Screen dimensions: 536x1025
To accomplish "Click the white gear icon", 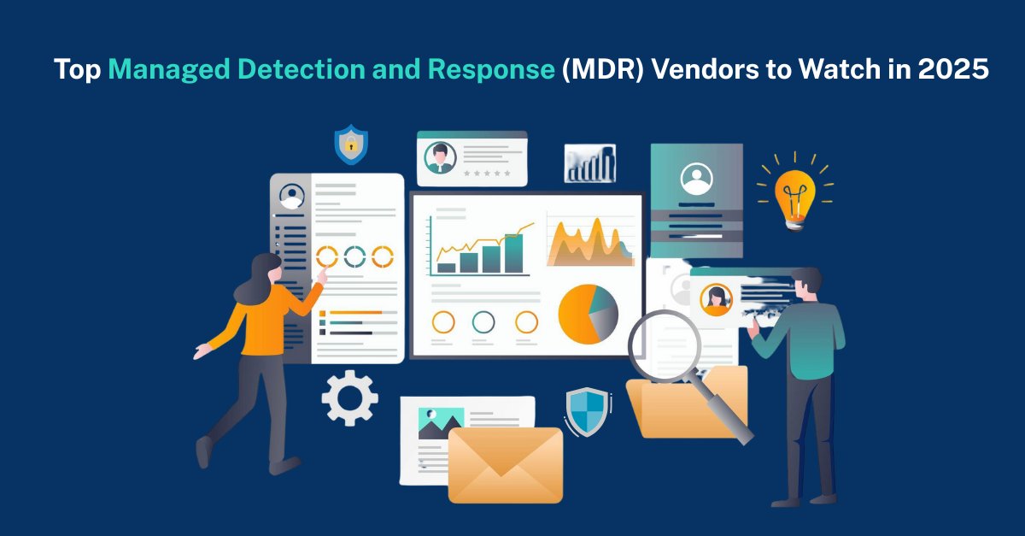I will (349, 398).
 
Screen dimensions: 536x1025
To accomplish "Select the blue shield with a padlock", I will (350, 144).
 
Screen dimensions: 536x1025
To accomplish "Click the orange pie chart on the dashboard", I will (587, 314).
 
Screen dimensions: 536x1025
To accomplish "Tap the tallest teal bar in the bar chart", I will (513, 253).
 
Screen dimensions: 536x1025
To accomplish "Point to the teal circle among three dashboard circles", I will (483, 321).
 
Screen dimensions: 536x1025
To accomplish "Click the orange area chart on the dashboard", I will (589, 244).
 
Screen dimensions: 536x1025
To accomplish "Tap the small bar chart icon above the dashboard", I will (589, 163).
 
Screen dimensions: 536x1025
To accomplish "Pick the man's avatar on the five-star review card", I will (440, 156).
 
